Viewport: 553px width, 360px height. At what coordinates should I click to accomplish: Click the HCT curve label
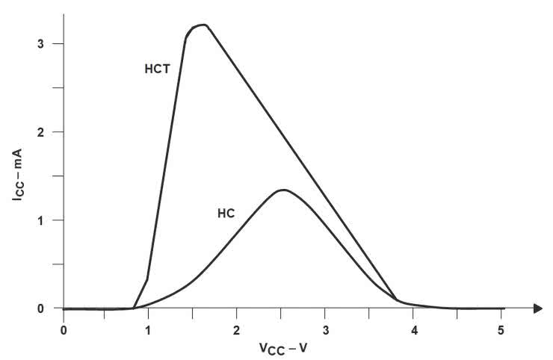tap(158, 69)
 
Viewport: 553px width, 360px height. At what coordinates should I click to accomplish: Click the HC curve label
tap(226, 213)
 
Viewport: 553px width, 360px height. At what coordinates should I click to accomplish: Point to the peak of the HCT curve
tap(203, 25)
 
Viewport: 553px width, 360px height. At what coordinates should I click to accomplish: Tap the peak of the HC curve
tap(283, 190)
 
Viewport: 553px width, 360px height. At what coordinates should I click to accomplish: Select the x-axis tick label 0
tap(64, 329)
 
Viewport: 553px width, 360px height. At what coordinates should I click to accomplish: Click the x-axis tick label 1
tap(148, 329)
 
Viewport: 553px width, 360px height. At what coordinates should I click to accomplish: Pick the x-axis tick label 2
tap(236, 329)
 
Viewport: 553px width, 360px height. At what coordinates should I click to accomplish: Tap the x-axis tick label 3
tap(324, 329)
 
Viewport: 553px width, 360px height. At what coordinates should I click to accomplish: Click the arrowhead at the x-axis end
tap(537, 308)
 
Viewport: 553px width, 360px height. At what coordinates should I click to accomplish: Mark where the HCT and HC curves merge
tap(397, 300)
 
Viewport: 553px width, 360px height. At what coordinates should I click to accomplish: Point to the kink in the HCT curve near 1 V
tap(147, 279)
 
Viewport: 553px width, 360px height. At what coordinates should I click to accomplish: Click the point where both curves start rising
tap(135, 308)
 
